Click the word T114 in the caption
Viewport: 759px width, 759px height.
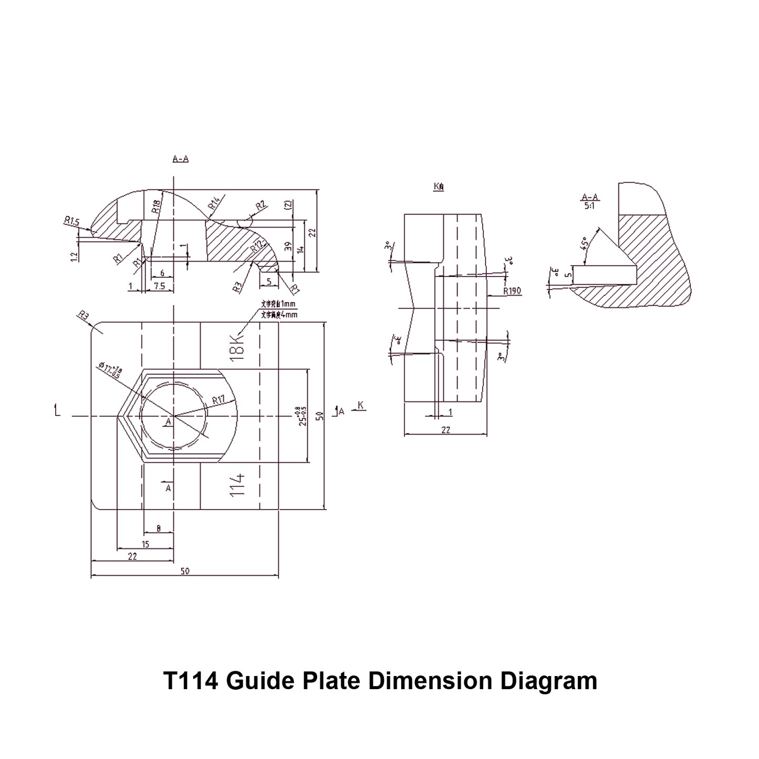190,681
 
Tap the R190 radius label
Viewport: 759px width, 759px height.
512,291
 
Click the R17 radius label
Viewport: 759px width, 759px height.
218,400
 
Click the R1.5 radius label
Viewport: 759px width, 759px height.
71,222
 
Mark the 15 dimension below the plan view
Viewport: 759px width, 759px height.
145,544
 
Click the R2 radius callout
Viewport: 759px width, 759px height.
261,205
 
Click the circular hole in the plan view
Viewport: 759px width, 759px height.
173,415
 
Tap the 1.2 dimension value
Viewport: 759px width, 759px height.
74,256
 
